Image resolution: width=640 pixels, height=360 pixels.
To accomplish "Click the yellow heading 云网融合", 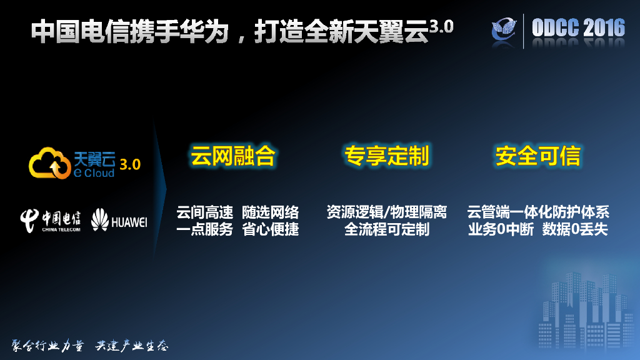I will pyautogui.click(x=232, y=156).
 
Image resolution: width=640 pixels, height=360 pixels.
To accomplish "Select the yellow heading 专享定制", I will pyautogui.click(x=386, y=156).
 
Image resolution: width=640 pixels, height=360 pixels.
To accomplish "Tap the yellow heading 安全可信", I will pyautogui.click(x=538, y=156).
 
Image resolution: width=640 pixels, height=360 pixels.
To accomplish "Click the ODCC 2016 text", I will pyautogui.click(x=578, y=28).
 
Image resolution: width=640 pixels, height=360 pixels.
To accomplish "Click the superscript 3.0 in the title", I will pyautogui.click(x=441, y=26).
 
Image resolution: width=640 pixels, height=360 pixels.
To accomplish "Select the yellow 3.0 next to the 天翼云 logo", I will pyautogui.click(x=130, y=164).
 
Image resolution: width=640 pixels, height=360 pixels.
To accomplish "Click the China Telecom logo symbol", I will pyautogui.click(x=30, y=220).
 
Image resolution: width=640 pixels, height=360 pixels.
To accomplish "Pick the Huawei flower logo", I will pyautogui.click(x=99, y=220).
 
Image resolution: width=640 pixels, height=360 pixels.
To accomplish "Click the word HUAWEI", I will pyautogui.click(x=129, y=221).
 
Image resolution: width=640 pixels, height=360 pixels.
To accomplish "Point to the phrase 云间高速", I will pyautogui.click(x=204, y=212).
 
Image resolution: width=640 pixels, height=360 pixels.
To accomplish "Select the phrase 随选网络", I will pyautogui.click(x=271, y=212).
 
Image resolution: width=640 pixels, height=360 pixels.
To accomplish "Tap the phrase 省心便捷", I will pyautogui.click(x=271, y=229).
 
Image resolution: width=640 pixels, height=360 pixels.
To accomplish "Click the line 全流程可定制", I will pyautogui.click(x=387, y=229).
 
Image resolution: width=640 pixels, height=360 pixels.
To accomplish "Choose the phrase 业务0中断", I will pyautogui.click(x=501, y=229).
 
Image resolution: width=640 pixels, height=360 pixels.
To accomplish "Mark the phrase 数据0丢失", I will pyautogui.click(x=575, y=229).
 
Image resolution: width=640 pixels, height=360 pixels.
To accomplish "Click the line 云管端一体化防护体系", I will pyautogui.click(x=538, y=212).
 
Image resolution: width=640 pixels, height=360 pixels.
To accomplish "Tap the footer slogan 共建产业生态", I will pyautogui.click(x=132, y=346).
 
